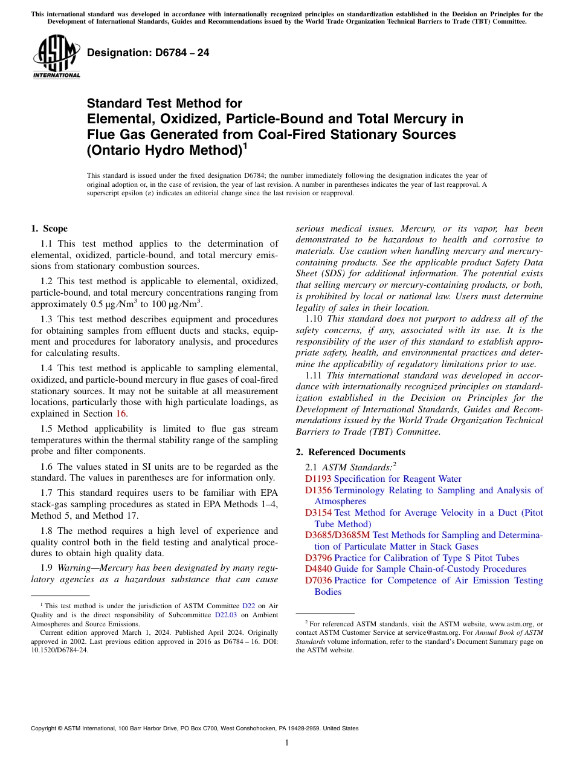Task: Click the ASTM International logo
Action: [56, 57]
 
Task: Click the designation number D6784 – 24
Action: [148, 53]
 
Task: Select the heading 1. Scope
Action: [49, 229]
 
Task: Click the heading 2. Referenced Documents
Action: [350, 452]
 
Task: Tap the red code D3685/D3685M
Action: [337, 535]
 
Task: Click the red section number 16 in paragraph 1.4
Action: [121, 414]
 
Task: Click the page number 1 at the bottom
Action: [287, 742]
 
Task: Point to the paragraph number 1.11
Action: [315, 375]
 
